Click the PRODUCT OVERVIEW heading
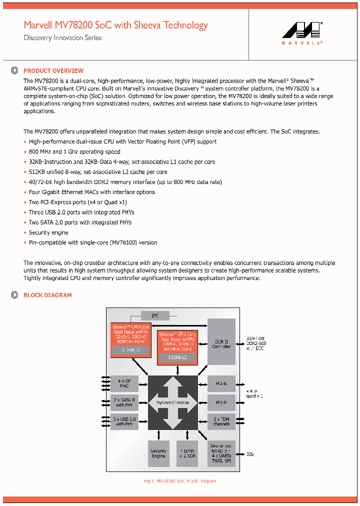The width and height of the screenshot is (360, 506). point(53,71)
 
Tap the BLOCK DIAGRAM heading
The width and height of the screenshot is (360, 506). point(47,295)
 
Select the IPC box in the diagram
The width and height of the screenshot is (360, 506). point(155,316)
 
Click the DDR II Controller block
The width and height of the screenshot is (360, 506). point(221,344)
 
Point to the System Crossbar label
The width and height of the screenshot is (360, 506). point(172,402)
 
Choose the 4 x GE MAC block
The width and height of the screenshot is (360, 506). point(124,383)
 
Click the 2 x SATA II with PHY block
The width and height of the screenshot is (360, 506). point(124,402)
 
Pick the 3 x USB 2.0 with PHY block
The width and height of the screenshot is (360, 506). point(124,421)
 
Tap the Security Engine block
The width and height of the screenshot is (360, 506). point(158,453)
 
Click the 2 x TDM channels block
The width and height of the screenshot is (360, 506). point(221,421)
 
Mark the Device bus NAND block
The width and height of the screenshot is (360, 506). point(221,453)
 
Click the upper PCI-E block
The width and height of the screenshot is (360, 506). point(221,383)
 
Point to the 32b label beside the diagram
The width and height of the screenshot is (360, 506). point(250,454)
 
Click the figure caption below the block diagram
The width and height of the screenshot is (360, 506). point(179,481)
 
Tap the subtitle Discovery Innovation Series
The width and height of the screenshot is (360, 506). point(62,38)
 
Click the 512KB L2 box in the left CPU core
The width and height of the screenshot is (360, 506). point(130,350)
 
